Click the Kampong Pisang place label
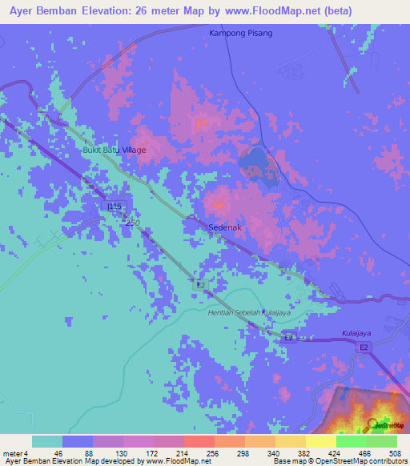coord(240,33)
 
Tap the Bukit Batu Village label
coord(115,150)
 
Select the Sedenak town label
coord(225,227)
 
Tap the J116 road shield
coord(115,207)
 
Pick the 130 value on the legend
coord(123,453)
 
